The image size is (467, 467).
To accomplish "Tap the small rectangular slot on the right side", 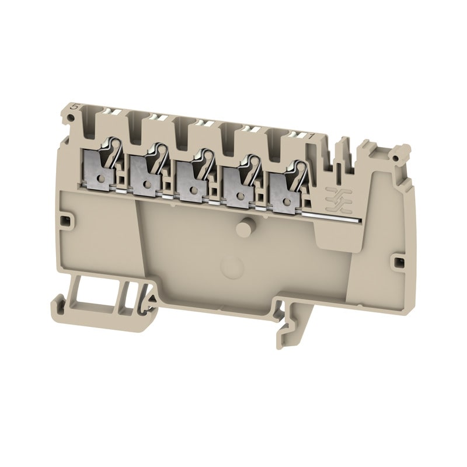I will click(400, 258).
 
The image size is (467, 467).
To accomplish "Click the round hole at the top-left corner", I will click(70, 119).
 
